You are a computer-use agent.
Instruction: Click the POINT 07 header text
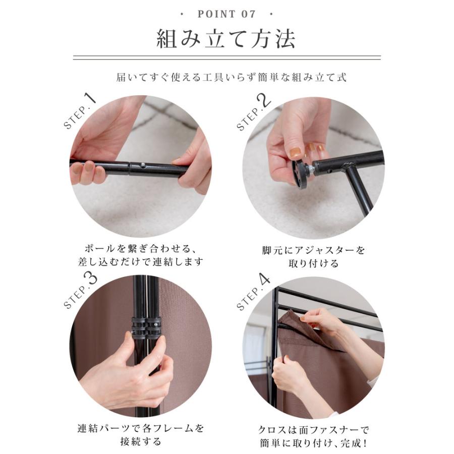click(226, 14)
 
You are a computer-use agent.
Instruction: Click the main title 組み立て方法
click(226, 39)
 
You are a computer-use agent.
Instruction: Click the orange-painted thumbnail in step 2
click(295, 152)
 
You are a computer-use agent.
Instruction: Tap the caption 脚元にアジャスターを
click(313, 250)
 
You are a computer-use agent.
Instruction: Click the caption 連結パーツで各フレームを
click(141, 428)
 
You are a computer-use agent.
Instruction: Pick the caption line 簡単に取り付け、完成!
click(313, 442)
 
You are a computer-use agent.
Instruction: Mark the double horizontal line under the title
click(226, 58)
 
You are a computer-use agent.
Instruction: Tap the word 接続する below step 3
click(141, 442)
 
